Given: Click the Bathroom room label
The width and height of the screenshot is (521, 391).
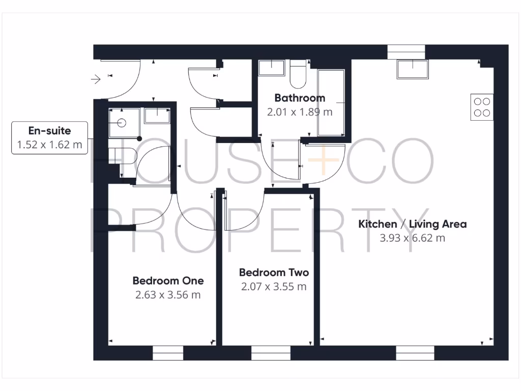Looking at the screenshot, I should [300, 98].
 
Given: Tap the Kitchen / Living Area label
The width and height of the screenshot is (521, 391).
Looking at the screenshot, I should [412, 224].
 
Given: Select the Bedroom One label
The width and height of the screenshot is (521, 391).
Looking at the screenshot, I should [168, 281].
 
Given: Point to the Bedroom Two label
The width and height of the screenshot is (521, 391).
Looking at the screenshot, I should [274, 272].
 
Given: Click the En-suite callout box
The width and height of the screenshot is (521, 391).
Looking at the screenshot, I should [49, 138].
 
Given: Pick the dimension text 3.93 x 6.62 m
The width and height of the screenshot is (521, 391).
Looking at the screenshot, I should [412, 238].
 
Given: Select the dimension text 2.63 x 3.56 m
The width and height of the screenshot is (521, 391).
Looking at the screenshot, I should [168, 295].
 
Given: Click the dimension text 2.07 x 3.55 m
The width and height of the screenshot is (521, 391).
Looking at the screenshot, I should [274, 287].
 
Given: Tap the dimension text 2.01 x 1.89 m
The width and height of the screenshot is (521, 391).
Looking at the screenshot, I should [300, 111].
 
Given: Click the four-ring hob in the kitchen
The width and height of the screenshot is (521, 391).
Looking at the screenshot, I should [482, 107].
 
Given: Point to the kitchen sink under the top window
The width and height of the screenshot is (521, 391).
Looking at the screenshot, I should [413, 69].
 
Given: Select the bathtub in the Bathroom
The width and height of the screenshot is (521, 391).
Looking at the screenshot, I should [331, 102].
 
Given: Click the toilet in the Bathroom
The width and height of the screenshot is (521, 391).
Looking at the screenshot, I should [298, 73].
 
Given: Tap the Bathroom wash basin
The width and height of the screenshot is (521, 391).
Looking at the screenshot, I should [271, 67].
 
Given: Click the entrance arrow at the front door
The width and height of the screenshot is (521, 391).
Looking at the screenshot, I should [96, 79].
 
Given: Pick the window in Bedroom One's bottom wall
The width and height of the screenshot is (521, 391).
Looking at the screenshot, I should [168, 353].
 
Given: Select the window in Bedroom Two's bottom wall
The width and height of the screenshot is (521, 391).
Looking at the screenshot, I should [271, 353].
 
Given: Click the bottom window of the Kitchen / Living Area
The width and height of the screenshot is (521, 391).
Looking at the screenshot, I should [415, 353].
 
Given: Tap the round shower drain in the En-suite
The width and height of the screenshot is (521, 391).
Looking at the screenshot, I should [122, 123].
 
